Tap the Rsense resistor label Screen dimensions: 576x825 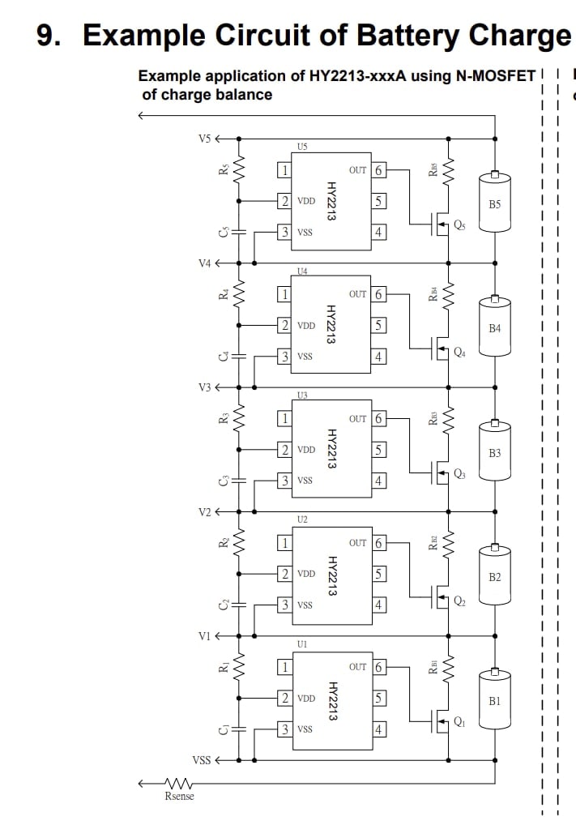[179, 796]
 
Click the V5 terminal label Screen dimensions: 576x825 [204, 139]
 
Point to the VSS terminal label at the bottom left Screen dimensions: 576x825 [201, 759]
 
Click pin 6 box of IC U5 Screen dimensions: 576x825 [378, 170]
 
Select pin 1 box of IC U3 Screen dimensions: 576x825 [284, 419]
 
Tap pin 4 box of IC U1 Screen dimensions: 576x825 [379, 729]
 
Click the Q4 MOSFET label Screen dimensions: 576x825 [459, 353]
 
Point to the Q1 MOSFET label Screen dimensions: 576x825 [459, 722]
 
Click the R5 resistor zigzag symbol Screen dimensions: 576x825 [239, 169]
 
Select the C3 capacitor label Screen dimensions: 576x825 [224, 481]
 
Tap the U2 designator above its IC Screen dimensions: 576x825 [302, 519]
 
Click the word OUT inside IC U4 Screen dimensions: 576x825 [358, 294]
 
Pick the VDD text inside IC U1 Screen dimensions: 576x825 [306, 699]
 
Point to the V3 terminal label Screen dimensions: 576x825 [205, 387]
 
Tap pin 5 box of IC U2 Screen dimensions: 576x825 [379, 574]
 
